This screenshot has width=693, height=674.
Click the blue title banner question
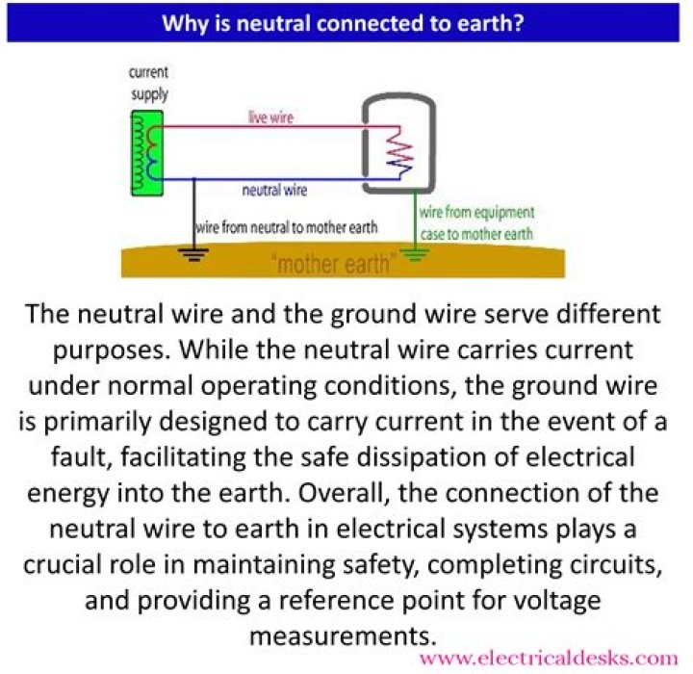(343, 23)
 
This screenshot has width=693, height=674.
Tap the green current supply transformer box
(147, 153)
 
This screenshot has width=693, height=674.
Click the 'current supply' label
(149, 84)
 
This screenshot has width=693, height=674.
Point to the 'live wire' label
(270, 117)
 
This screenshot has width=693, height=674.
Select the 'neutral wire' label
(274, 190)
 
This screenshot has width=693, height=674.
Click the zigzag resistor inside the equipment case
(399, 153)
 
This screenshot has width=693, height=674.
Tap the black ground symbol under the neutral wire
(193, 254)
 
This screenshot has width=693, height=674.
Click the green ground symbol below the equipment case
(415, 254)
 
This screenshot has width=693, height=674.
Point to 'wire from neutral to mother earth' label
(287, 227)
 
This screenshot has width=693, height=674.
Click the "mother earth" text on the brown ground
(332, 265)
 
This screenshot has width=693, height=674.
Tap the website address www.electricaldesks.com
(549, 659)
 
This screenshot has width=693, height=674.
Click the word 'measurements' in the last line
(343, 635)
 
